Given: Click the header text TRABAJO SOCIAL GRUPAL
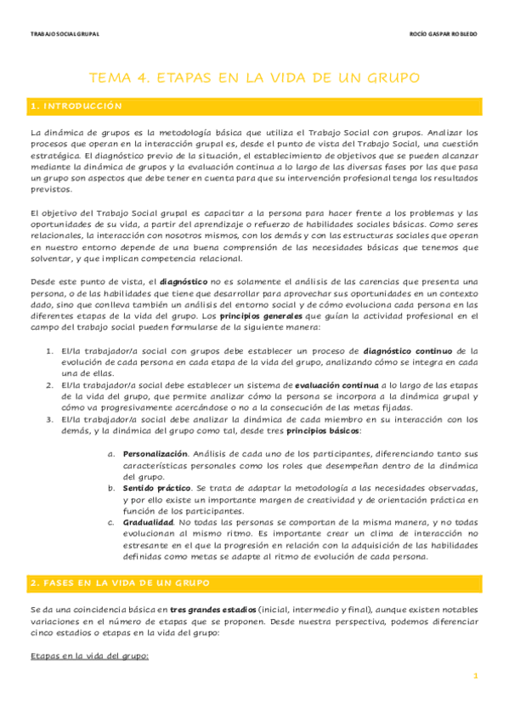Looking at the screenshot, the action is tap(65, 35).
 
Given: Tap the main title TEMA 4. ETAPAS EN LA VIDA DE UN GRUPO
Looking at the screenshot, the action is tap(254, 77).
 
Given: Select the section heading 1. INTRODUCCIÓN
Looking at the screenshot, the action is tap(76, 106).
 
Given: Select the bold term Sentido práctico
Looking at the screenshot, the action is tap(158, 489).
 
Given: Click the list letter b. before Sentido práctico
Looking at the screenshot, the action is tap(111, 489).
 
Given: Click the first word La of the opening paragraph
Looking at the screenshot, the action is tap(35, 133).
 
